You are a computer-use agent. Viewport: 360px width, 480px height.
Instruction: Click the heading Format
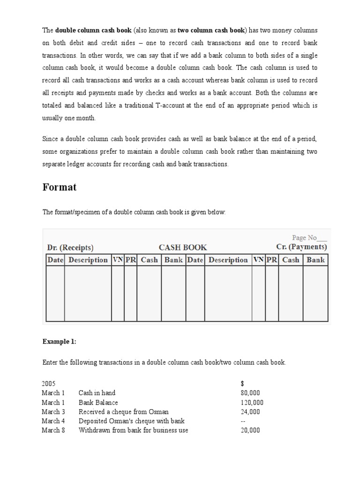point(60,187)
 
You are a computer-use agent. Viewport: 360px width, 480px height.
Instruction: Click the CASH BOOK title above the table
point(182,247)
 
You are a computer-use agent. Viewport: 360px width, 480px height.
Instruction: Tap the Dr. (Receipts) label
point(70,247)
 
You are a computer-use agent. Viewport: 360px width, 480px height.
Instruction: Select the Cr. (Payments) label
point(301,247)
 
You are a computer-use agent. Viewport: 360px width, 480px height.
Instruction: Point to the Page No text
point(309,238)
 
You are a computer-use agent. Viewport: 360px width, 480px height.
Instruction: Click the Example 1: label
point(59,342)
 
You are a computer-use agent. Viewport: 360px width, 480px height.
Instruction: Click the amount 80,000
point(250,393)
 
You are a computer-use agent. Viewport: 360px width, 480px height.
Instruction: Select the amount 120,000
point(252,402)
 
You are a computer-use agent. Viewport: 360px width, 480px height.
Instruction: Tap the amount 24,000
point(250,412)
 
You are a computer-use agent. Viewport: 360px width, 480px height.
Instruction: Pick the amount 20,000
point(250,430)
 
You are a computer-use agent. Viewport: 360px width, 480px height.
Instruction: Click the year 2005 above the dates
point(49,383)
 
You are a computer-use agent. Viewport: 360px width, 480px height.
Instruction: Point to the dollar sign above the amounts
point(242,383)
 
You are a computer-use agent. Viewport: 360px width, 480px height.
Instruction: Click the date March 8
point(53,430)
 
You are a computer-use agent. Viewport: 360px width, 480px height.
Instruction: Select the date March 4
point(53,421)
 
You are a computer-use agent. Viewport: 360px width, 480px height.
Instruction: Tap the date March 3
point(53,412)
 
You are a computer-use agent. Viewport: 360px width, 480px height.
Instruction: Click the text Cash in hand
point(97,393)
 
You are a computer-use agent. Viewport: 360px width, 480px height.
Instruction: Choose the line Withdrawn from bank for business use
point(133,430)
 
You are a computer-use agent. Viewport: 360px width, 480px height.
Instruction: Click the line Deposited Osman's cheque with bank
point(132,421)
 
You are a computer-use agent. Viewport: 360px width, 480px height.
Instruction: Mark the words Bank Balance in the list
point(98,402)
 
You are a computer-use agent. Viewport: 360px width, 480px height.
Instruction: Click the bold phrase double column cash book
point(94,30)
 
